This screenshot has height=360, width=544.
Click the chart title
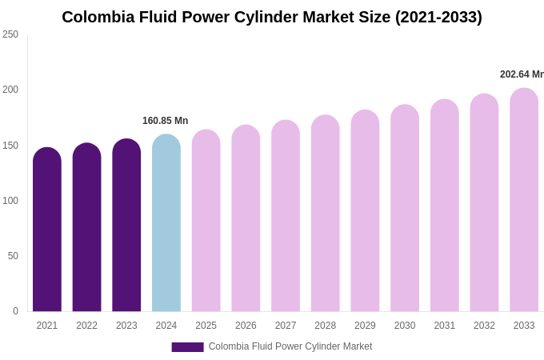pos(272,17)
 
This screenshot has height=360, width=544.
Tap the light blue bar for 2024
pos(166,224)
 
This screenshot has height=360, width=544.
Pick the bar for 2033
pos(524,200)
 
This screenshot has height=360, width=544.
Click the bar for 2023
pos(126,226)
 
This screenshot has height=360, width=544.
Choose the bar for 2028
pos(326,214)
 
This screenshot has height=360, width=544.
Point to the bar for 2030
pos(405,209)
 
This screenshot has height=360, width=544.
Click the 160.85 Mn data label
pos(166,121)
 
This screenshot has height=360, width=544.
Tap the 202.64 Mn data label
pos(522,74)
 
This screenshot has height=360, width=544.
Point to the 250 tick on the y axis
pos(10,34)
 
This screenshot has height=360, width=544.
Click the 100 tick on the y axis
pos(10,201)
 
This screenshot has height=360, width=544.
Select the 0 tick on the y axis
pos(15,311)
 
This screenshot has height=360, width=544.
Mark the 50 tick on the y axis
pos(13,256)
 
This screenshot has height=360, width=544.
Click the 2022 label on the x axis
pos(87,326)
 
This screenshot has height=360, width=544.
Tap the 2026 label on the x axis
pos(246,326)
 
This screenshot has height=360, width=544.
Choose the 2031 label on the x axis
pos(445,326)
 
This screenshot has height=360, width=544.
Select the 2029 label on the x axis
pos(365,326)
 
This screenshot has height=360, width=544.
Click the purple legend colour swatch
pos(187,347)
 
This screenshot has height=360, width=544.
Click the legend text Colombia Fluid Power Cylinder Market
pos(290,346)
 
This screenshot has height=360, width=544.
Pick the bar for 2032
pos(484,203)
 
